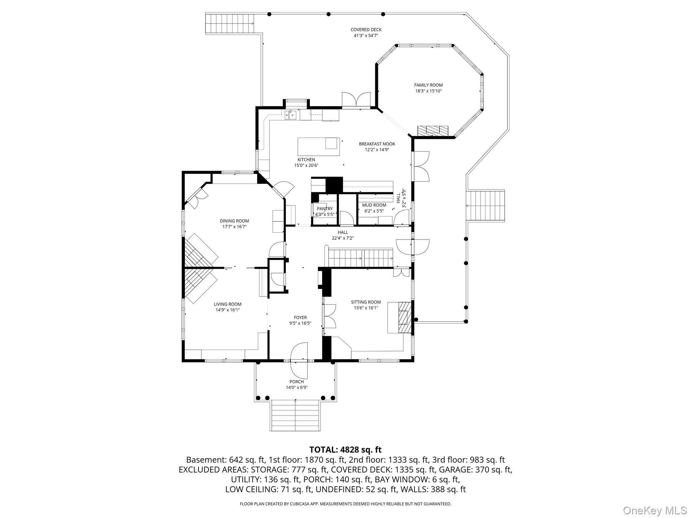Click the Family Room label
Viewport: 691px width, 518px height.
click(x=428, y=85)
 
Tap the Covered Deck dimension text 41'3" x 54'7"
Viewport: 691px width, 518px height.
click(x=366, y=35)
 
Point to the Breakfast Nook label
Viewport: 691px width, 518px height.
click(x=377, y=144)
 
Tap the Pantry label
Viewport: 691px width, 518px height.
click(x=325, y=209)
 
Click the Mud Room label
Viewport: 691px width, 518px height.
click(x=374, y=205)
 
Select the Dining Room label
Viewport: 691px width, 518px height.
click(x=234, y=221)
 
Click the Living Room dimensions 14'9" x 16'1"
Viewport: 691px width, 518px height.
click(x=228, y=310)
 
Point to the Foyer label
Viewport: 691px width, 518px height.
click(x=300, y=317)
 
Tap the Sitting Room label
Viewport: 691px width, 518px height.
click(x=366, y=302)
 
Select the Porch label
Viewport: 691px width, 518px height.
click(x=296, y=382)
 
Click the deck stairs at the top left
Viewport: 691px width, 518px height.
click(x=229, y=23)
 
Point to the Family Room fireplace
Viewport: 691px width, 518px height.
click(x=433, y=131)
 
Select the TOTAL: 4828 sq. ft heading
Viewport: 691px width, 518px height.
click(x=345, y=450)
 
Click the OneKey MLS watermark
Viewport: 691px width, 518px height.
click(x=654, y=510)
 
